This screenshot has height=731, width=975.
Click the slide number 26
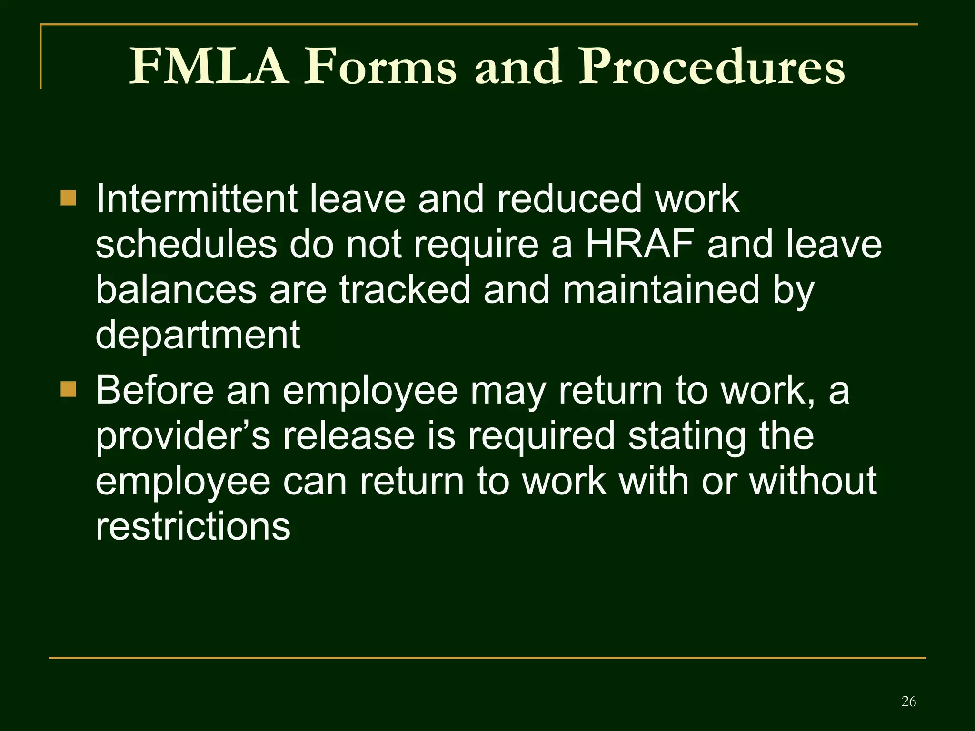908,701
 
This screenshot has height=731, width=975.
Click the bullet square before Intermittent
69,198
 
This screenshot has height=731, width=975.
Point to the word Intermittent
197,199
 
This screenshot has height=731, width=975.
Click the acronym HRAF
639,245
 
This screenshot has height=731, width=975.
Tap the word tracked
405,290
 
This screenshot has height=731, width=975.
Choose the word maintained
661,290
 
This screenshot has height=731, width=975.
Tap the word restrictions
193,527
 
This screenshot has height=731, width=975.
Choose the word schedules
186,245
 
